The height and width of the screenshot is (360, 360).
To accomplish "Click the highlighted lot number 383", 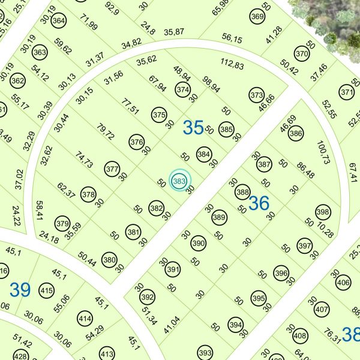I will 179,180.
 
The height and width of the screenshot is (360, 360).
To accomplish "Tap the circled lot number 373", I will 257,95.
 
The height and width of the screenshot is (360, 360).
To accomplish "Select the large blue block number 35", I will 193,127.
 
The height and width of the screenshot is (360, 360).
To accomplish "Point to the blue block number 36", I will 259,203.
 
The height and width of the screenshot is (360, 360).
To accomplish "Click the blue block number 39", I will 20,290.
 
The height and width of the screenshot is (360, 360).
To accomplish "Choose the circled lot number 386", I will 295,134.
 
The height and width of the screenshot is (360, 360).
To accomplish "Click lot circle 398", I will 323,212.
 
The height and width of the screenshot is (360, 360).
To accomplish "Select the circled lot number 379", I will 62,223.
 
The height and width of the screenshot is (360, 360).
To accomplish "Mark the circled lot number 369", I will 257,16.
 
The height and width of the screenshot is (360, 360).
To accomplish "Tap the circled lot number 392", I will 147,297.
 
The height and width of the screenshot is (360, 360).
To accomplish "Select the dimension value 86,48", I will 305,170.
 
